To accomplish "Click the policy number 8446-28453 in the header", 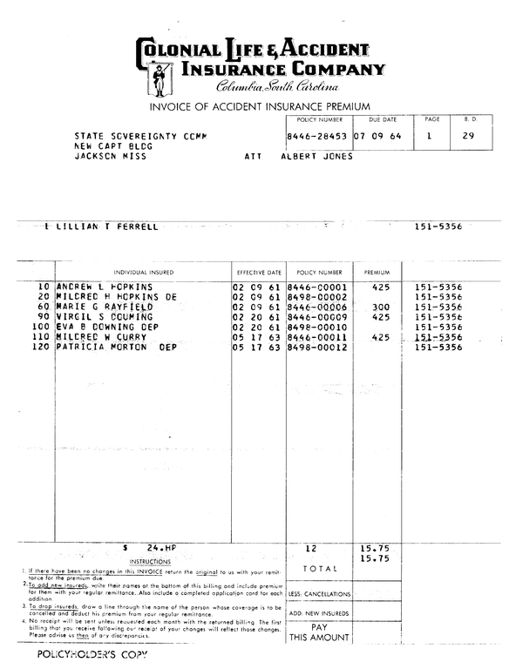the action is click(316, 137).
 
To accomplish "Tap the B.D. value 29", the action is click(468, 137).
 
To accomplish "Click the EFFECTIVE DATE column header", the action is click(259, 273).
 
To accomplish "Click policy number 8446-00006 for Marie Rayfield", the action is click(317, 307).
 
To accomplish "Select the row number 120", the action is click(39, 348).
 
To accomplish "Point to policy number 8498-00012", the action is click(317, 348).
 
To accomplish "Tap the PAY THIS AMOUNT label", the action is click(319, 632).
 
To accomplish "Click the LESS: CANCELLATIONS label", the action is click(319, 593).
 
